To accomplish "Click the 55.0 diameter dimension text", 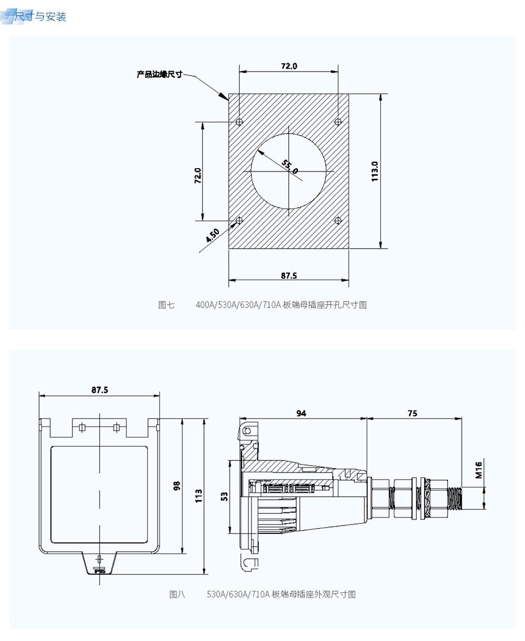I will point(290,167).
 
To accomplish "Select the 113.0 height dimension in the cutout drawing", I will point(375,171).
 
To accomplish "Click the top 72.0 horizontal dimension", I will point(289,66).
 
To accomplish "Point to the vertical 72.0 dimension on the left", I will point(198,175).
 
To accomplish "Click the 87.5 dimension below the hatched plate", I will point(289,275).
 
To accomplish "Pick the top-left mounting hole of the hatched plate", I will point(239,122).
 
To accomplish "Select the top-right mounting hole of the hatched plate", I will point(338,122).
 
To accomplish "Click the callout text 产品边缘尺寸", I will point(159,75).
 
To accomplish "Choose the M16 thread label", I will point(478,470).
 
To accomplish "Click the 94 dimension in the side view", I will point(301,413).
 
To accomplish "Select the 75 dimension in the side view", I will point(412,413).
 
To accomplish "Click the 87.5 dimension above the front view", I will point(99,390).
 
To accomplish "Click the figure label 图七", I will point(166,305).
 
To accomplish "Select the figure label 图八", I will point(177,594).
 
